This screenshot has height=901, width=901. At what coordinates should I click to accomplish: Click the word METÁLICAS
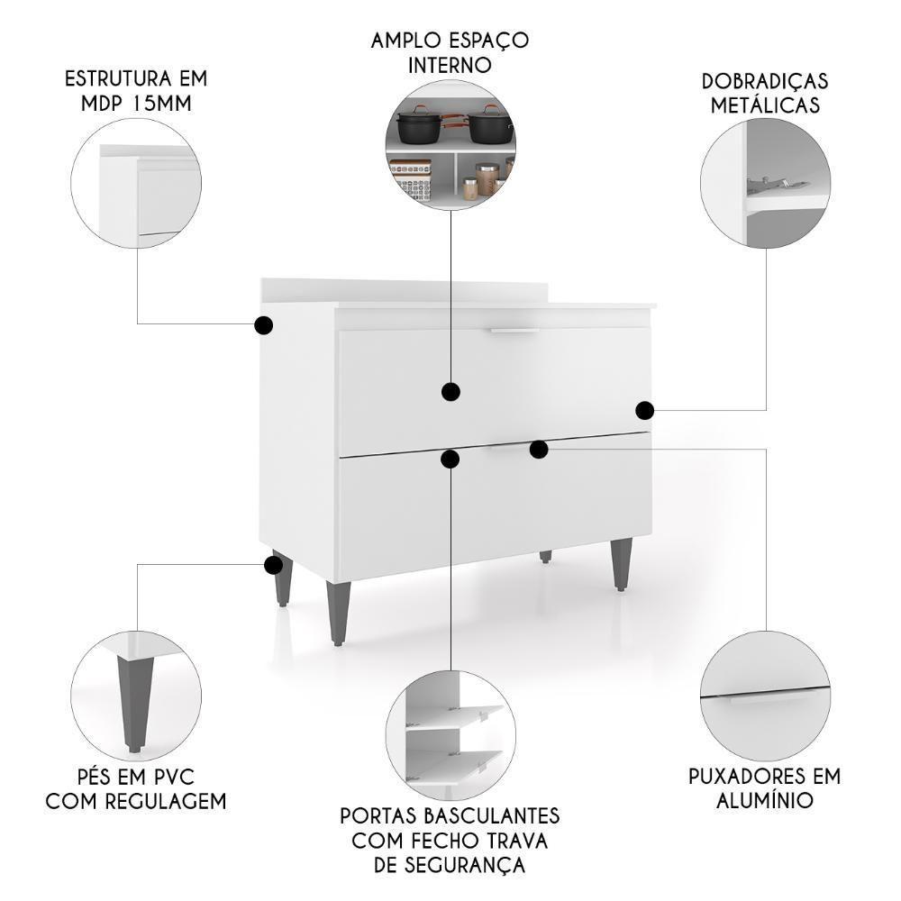pyautogui.click(x=765, y=105)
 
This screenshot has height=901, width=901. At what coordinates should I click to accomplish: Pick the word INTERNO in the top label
pyautogui.click(x=450, y=65)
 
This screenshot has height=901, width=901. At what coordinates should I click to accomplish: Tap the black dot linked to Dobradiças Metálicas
pyautogui.click(x=644, y=411)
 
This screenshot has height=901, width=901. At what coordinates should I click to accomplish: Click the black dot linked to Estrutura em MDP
pyautogui.click(x=264, y=325)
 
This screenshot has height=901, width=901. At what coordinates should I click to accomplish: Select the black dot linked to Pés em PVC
pyautogui.click(x=273, y=565)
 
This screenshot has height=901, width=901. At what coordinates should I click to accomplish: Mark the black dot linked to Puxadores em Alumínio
pyautogui.click(x=539, y=449)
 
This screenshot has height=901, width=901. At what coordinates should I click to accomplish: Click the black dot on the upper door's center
pyautogui.click(x=450, y=391)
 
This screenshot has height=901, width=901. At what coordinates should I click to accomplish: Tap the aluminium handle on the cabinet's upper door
pyautogui.click(x=514, y=332)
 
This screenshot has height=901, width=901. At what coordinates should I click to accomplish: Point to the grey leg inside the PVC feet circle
pyautogui.click(x=130, y=698)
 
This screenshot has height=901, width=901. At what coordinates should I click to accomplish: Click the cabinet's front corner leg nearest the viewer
pyautogui.click(x=339, y=613)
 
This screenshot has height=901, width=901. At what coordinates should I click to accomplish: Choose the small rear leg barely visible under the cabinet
pyautogui.click(x=546, y=557)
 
